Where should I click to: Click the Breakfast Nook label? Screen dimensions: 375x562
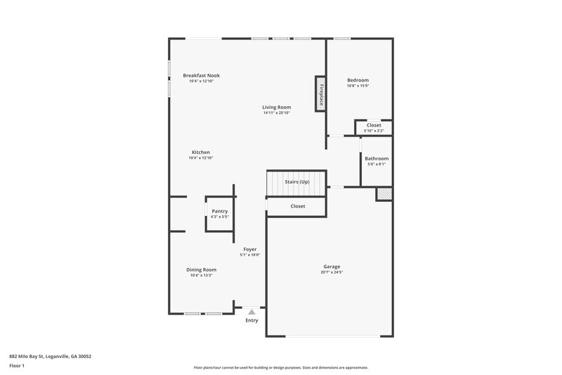pyautogui.click(x=201, y=75)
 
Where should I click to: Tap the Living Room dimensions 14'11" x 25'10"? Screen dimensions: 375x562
pyautogui.click(x=277, y=113)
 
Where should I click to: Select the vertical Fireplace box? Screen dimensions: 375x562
pyautogui.click(x=320, y=93)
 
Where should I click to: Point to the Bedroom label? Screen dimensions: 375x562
pyautogui.click(x=358, y=80)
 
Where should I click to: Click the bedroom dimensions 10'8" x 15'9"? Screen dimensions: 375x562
pyautogui.click(x=358, y=86)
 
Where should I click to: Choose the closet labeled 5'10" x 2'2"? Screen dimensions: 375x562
pyautogui.click(x=374, y=127)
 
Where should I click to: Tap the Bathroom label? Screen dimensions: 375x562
pyautogui.click(x=377, y=158)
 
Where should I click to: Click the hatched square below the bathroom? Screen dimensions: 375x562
pyautogui.click(x=384, y=193)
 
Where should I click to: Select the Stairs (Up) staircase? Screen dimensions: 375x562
pyautogui.click(x=296, y=183)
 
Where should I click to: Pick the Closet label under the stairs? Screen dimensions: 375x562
pyautogui.click(x=298, y=206)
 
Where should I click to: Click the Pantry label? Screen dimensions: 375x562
pyautogui.click(x=220, y=211)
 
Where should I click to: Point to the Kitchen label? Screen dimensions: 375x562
pyautogui.click(x=201, y=152)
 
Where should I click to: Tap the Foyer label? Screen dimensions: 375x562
pyautogui.click(x=250, y=249)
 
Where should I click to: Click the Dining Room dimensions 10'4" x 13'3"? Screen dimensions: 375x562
pyautogui.click(x=201, y=275)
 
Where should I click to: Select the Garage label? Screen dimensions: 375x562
pyautogui.click(x=332, y=267)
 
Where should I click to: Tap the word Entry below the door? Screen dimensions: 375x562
pyautogui.click(x=251, y=320)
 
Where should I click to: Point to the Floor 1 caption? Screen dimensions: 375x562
pyautogui.click(x=17, y=366)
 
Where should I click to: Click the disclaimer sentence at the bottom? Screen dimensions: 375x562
pyautogui.click(x=281, y=367)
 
